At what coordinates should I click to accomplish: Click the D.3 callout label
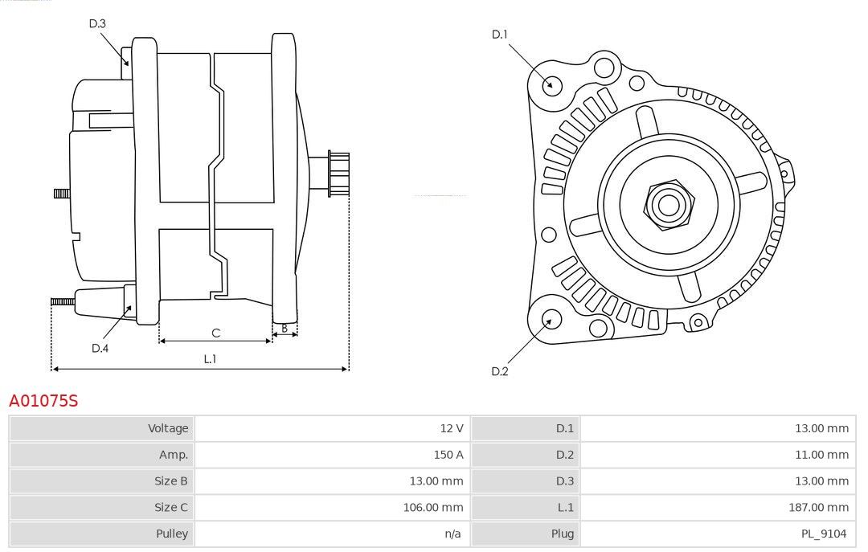(97, 23)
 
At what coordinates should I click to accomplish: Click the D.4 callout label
(100, 348)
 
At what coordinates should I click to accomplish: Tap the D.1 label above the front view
(499, 35)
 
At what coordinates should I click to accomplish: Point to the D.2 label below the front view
(499, 371)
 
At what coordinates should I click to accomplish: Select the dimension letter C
(216, 333)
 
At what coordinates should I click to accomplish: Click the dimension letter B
(285, 329)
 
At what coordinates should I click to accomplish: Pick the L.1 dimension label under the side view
(210, 359)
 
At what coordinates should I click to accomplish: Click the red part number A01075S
(43, 401)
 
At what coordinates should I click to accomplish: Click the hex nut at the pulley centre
(669, 205)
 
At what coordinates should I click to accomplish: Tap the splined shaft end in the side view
(339, 174)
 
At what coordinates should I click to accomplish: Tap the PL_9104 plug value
(824, 534)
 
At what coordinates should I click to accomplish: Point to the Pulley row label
(172, 534)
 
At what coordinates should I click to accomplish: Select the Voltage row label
(168, 428)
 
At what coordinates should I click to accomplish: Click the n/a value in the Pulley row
(452, 534)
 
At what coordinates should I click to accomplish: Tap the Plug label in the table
(563, 534)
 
